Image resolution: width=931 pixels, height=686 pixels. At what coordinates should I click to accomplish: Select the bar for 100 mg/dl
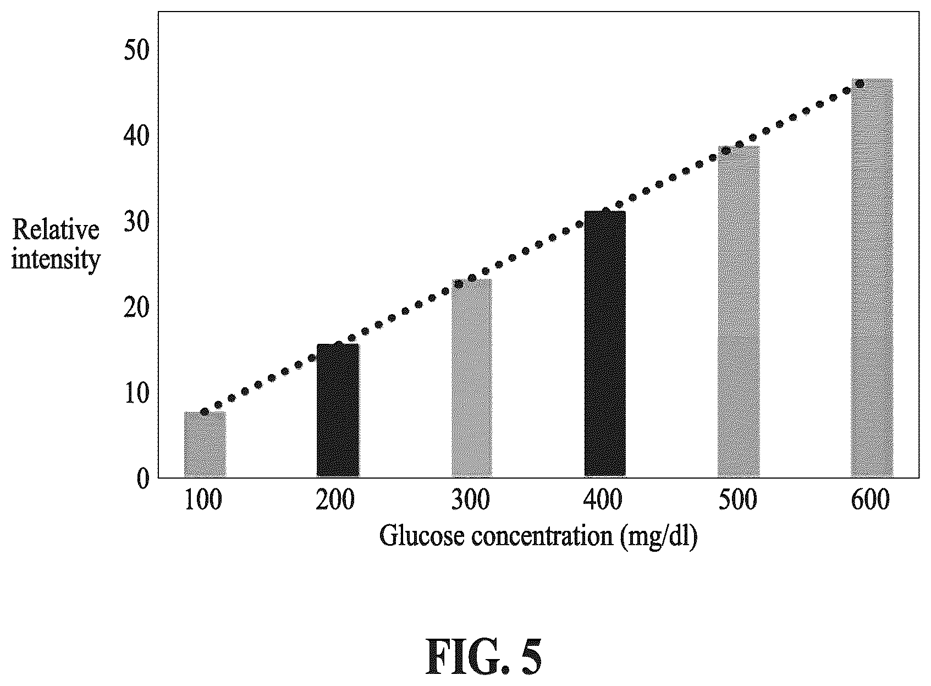pyautogui.click(x=205, y=444)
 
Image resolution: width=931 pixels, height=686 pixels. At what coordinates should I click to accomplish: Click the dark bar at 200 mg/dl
pyautogui.click(x=338, y=410)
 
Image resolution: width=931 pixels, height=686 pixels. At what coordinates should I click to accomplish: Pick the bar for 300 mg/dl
pyautogui.click(x=472, y=378)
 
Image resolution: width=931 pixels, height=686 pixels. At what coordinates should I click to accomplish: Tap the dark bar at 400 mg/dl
pyautogui.click(x=605, y=344)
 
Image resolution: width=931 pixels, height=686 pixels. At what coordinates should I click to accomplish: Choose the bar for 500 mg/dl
pyautogui.click(x=739, y=311)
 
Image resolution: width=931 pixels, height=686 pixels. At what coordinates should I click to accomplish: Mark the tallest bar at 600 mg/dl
pyautogui.click(x=872, y=278)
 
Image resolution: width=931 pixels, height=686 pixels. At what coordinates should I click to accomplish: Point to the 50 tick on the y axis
pyautogui.click(x=136, y=51)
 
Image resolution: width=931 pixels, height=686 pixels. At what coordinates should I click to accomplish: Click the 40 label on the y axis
pyautogui.click(x=136, y=136)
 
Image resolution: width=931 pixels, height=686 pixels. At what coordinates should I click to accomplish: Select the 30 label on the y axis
pyautogui.click(x=136, y=222)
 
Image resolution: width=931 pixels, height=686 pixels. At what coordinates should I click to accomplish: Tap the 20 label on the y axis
pyautogui.click(x=136, y=308)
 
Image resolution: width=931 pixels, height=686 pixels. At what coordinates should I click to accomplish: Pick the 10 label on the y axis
pyautogui.click(x=136, y=393)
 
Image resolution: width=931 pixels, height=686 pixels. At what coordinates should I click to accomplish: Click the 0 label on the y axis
pyautogui.click(x=143, y=479)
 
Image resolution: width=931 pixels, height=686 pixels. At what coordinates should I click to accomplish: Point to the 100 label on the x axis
pyautogui.click(x=203, y=500)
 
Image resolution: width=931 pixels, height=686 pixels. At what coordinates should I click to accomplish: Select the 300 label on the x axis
pyautogui.click(x=471, y=500)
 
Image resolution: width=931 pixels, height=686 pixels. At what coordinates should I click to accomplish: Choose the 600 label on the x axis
pyautogui.click(x=871, y=500)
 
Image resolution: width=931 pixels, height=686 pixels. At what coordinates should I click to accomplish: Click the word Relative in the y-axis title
pyautogui.click(x=56, y=229)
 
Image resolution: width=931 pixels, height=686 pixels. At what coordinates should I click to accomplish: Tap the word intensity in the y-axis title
pyautogui.click(x=56, y=260)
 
